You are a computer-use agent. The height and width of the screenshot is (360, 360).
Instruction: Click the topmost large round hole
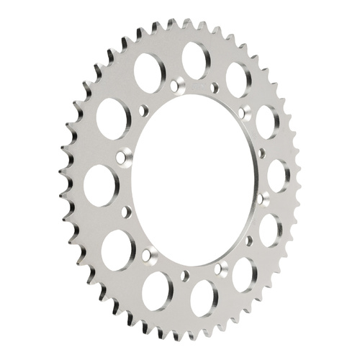pyautogui.click(x=194, y=58)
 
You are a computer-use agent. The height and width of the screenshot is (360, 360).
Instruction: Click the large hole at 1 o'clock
pyautogui.click(x=238, y=76)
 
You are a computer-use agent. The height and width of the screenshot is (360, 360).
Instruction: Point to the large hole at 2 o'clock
pyautogui.click(x=267, y=119)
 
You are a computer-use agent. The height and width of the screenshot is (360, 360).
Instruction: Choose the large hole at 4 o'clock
pyautogui.click(x=270, y=230)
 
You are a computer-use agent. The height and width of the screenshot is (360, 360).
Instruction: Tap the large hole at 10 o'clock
pyautogui.click(x=112, y=115)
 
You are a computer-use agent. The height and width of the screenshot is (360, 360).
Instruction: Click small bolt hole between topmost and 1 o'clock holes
pyautogui.click(x=215, y=88)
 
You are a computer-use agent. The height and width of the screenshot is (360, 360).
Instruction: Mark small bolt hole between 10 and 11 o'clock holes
pyautogui.click(x=143, y=111)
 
